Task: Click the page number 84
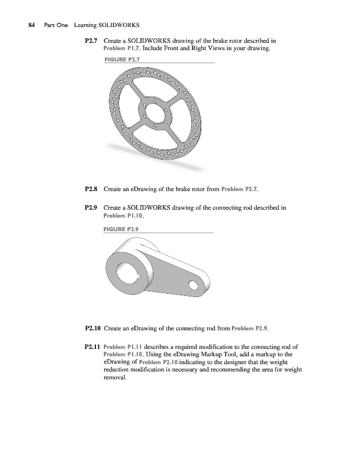(x=32, y=25)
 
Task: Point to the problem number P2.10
(x=94, y=328)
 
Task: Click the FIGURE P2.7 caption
(x=122, y=59)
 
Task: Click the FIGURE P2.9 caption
(x=122, y=229)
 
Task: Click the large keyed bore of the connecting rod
(x=124, y=274)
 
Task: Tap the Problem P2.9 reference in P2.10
(x=251, y=328)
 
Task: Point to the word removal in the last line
(x=116, y=378)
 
